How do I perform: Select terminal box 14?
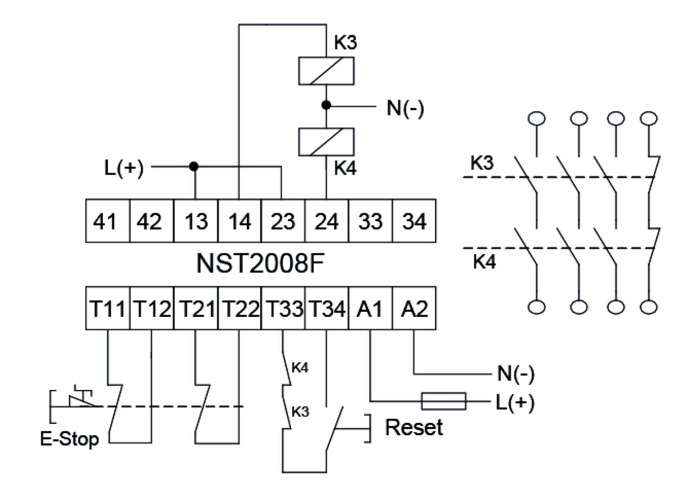click(239, 221)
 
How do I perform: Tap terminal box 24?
click(326, 221)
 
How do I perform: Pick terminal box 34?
click(414, 221)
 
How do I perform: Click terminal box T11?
click(107, 308)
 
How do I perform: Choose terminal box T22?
click(239, 308)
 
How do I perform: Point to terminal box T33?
click(283, 308)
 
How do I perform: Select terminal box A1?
click(370, 308)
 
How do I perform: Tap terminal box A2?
click(414, 308)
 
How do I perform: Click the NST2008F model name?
click(260, 264)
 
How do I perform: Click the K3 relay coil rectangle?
click(326, 71)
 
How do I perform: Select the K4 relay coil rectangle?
click(326, 142)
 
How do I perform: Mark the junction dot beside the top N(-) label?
click(326, 106)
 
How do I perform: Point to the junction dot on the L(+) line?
click(194, 166)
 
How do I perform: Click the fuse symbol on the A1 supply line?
click(444, 401)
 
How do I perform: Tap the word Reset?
click(414, 428)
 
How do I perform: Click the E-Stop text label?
click(69, 439)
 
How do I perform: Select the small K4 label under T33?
click(300, 368)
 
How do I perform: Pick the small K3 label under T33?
click(300, 412)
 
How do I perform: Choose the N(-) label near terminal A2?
click(516, 374)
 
